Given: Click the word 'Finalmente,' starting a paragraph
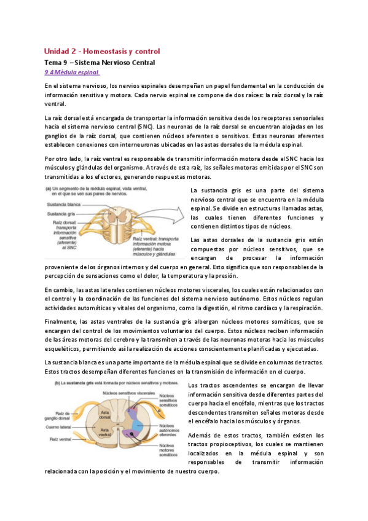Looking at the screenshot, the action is coord(61,321).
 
